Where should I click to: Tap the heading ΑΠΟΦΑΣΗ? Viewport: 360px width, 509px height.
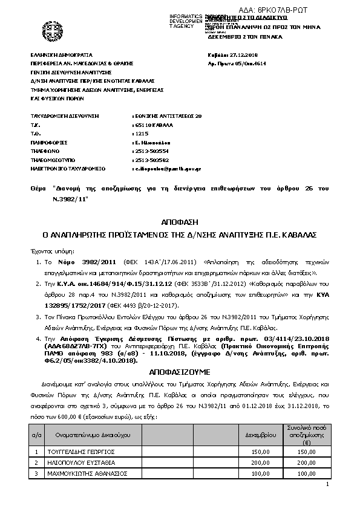coord(180,221)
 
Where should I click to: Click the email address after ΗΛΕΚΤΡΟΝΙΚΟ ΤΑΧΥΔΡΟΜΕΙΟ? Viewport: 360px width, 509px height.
coord(167,169)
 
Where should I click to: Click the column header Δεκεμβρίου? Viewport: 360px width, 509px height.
coord(261,434)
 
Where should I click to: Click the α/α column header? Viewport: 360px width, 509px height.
coord(36,434)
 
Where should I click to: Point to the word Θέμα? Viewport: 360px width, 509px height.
coord(38,189)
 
